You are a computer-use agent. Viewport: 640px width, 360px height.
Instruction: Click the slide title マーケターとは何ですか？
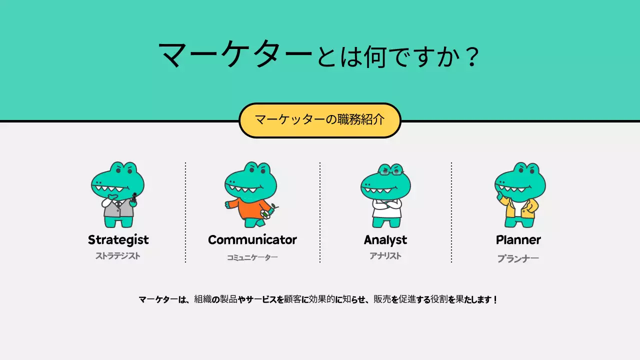319,55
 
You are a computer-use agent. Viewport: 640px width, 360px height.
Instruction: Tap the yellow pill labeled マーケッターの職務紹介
319,120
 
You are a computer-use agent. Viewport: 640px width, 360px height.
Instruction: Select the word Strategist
118,240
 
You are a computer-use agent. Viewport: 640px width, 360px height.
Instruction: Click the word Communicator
252,240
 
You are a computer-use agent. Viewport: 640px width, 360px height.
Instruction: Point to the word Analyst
385,240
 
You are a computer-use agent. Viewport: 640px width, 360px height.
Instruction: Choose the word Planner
518,240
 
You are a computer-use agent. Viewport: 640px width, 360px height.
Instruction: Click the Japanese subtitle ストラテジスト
118,256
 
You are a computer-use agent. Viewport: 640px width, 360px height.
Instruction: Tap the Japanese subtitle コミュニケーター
252,257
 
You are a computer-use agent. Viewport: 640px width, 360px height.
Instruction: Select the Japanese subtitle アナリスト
385,256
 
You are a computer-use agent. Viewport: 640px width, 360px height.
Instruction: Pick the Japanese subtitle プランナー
518,258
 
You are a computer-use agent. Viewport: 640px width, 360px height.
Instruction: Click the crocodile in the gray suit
118,195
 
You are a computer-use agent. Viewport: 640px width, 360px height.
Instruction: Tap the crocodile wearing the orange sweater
250,195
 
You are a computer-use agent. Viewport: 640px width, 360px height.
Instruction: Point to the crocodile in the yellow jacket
519,195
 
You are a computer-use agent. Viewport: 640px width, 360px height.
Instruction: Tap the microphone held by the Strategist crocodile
134,197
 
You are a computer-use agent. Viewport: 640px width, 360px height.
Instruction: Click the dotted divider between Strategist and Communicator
185,212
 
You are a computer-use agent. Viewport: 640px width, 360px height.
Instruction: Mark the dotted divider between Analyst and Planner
451,212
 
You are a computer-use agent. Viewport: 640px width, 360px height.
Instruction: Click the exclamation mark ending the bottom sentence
495,300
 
